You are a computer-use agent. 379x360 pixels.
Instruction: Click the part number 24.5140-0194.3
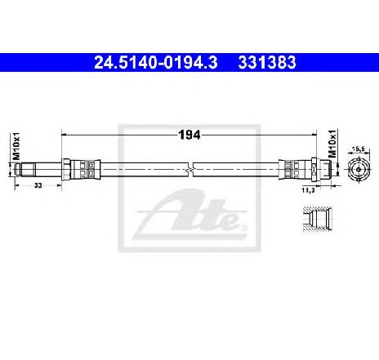[x=156, y=63]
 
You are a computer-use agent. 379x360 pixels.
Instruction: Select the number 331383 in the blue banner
[x=267, y=63]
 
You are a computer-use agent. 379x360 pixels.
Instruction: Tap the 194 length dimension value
[x=189, y=135]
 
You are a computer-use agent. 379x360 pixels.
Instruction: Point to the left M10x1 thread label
[x=16, y=146]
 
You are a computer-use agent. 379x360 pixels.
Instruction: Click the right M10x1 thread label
[x=332, y=144]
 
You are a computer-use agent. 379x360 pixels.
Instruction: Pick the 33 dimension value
[x=38, y=185]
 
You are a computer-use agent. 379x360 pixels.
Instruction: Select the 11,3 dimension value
[x=308, y=190]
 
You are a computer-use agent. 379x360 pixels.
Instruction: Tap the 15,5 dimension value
[x=359, y=149]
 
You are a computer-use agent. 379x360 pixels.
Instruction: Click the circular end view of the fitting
[x=359, y=169]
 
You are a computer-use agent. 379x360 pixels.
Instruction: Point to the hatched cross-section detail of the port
[x=317, y=220]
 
